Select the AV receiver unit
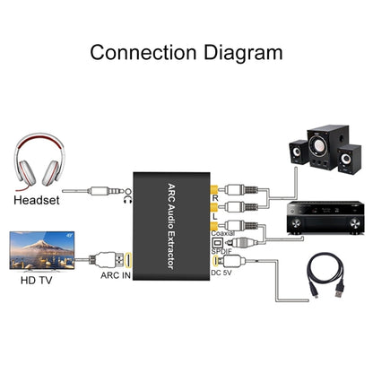pos(323,214)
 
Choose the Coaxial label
pos(220,237)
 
